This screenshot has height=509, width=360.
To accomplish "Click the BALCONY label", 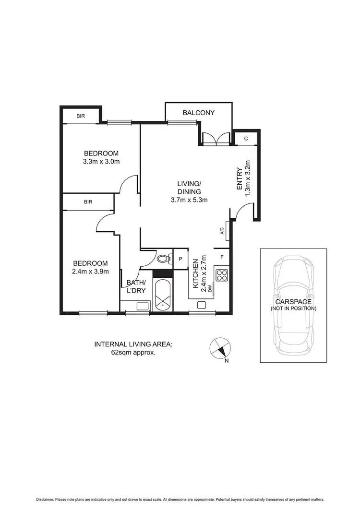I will click(x=198, y=113).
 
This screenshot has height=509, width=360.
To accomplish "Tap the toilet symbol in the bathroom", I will click(x=164, y=259).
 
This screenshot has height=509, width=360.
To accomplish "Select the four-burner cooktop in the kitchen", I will click(x=222, y=275).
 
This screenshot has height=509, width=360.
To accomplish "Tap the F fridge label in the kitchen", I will click(x=222, y=257).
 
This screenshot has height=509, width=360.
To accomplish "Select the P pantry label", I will click(x=180, y=259).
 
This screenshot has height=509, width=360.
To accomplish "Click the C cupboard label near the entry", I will click(x=246, y=139).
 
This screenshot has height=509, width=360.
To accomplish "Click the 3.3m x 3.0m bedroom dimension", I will click(x=101, y=162).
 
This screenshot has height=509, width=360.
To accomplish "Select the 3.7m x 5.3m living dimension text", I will click(x=189, y=200).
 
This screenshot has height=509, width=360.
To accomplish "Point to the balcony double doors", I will click(x=215, y=139).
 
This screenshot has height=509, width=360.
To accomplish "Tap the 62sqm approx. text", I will click(x=133, y=352).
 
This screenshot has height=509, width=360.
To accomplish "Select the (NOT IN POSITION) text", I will click(x=293, y=308).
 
